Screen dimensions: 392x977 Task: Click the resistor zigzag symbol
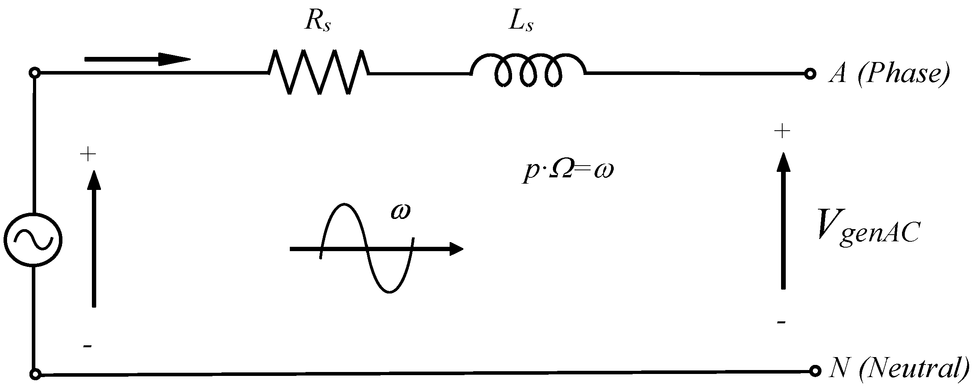click(x=318, y=72)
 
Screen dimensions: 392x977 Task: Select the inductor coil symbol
click(x=529, y=71)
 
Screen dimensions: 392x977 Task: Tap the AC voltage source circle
click(x=33, y=240)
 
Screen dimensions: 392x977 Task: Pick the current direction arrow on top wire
click(x=137, y=60)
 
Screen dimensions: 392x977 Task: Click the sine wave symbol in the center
click(x=367, y=248)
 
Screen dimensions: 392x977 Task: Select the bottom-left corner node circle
click(x=35, y=374)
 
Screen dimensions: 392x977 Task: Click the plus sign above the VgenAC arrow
click(x=782, y=131)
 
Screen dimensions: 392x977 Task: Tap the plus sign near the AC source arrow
click(x=88, y=155)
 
